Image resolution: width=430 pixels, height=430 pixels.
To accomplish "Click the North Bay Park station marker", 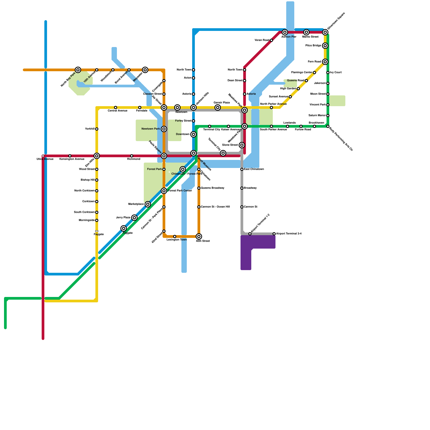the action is point(78,70).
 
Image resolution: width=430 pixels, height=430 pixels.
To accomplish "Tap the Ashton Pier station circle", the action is point(285,33).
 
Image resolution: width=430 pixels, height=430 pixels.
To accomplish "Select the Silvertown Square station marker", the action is point(325,33).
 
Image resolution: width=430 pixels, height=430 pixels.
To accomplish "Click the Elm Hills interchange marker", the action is point(97,156).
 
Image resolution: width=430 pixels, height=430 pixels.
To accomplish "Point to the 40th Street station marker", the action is point(199,236).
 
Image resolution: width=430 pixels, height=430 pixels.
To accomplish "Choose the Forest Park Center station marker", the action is point(164,191).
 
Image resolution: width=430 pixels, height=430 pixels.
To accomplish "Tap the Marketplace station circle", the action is point(148,204).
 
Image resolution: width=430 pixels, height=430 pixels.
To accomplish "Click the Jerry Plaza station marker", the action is point(134,218).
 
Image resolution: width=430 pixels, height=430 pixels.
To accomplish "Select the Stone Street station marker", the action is point(242,145).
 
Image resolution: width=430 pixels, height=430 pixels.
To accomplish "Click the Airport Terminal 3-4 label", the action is point(289,234).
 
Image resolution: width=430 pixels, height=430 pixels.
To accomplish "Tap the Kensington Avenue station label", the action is point(72,159).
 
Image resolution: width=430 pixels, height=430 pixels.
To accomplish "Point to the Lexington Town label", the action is point(177,240).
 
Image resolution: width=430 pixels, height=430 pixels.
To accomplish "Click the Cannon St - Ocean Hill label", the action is point(215,207).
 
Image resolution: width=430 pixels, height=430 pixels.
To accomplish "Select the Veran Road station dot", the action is point(271,40).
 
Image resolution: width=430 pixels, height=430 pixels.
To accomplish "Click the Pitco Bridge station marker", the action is point(325,46).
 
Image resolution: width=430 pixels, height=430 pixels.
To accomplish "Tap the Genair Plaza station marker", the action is point(218,107).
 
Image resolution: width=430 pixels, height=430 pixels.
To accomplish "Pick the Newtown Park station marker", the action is point(164,129).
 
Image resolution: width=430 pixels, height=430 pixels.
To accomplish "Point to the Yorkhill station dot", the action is point(97,129).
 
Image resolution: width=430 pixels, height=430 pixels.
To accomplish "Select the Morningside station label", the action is point(87,220).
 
